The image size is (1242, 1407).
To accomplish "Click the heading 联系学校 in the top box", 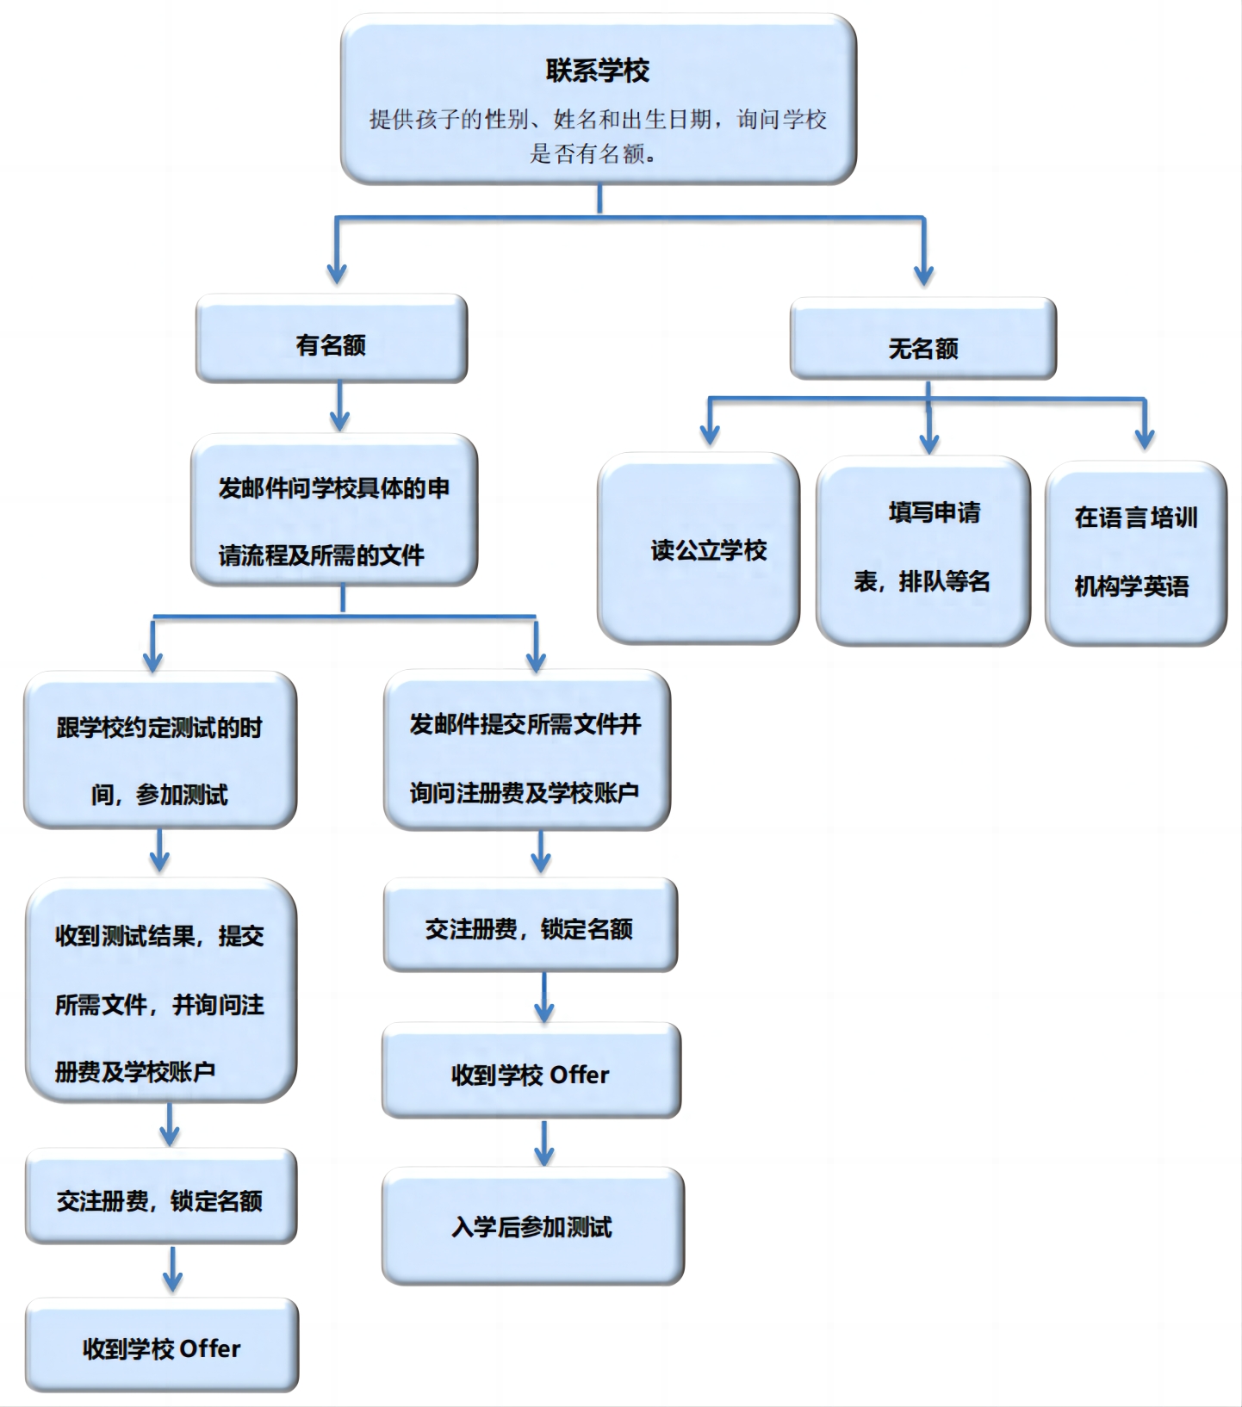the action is tap(597, 71).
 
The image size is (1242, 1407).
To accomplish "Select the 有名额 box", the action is tap(332, 339).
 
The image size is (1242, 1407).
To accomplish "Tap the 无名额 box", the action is tap(922, 339).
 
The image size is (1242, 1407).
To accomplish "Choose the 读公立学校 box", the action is tap(699, 549).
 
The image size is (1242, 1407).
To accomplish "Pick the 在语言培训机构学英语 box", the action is tap(1136, 554).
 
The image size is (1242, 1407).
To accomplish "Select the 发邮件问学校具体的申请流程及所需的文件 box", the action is tap(334, 511).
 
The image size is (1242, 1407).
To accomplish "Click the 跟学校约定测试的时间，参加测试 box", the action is tap(160, 750).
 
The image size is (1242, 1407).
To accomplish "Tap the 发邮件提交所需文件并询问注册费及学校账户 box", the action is tap(527, 750).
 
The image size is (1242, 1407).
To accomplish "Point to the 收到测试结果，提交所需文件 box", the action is tap(161, 990).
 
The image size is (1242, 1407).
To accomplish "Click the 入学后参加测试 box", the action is tap(533, 1226).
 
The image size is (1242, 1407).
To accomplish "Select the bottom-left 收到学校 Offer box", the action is tap(162, 1345).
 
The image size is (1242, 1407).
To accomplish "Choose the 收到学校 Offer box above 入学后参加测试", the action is tap(531, 1071).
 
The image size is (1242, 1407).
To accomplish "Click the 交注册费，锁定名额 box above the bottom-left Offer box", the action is tap(161, 1196).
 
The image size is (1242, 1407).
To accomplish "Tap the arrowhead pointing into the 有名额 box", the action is tap(337, 274).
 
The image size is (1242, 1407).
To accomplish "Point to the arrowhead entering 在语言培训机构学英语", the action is tap(1145, 437).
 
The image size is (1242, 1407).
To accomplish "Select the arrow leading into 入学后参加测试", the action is tap(543, 1143).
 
